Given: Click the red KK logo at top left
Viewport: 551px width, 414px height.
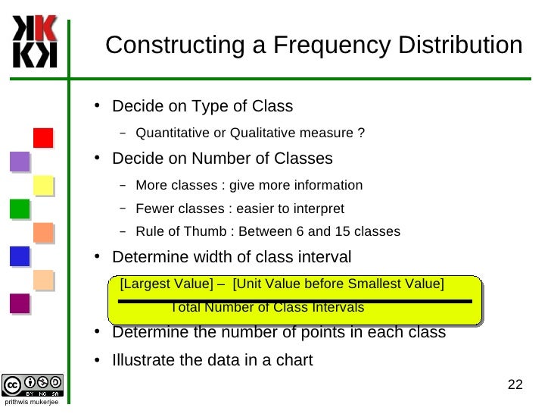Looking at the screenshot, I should click(x=35, y=42).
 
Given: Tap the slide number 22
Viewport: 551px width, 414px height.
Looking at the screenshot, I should click(x=515, y=384).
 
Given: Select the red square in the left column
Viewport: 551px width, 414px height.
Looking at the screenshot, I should click(x=43, y=138).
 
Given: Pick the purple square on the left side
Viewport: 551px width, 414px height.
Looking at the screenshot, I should click(x=20, y=162).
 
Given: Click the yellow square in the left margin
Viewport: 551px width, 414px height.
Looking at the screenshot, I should click(x=43, y=185).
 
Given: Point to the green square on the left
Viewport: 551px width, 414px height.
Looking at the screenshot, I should click(x=20, y=209).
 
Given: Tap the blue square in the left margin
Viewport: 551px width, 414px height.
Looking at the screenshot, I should click(x=20, y=256).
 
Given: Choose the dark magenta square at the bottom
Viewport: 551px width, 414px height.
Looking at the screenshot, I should click(x=20, y=303).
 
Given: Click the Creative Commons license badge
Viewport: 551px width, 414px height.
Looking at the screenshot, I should click(x=33, y=384).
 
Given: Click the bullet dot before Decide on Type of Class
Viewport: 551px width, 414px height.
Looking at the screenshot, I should click(x=98, y=105).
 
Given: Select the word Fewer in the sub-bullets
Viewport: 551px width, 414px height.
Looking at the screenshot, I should click(x=152, y=209).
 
